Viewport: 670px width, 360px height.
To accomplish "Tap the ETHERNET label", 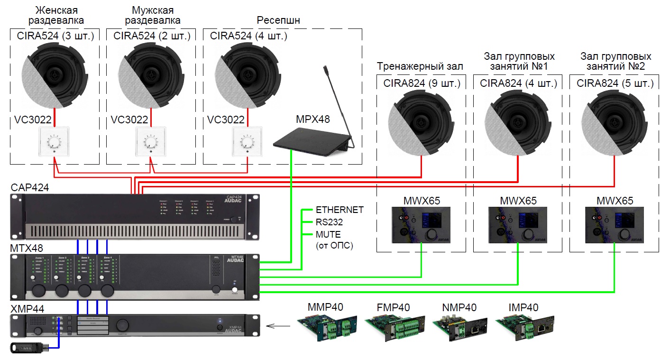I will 340,210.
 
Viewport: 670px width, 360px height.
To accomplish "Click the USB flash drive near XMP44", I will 28,348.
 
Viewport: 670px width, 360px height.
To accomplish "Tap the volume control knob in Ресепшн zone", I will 247,142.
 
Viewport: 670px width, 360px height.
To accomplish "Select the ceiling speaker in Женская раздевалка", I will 55,74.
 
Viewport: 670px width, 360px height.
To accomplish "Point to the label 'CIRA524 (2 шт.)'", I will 152,36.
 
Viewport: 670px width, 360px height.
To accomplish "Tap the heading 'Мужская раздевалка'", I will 152,15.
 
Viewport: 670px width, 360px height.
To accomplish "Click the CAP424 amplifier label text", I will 30,188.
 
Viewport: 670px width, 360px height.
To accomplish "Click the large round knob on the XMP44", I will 123,324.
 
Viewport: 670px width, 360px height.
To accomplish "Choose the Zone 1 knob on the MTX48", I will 39,290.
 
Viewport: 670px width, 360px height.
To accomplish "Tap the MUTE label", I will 328,234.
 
